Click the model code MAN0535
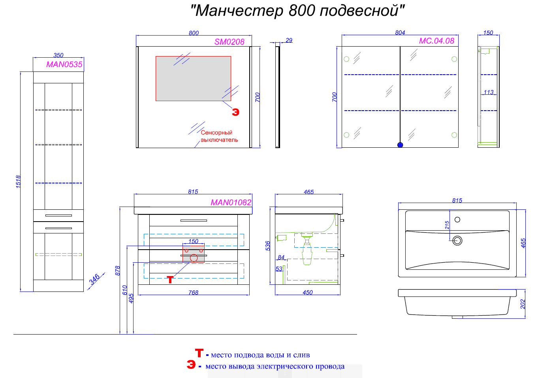click(x=64, y=64)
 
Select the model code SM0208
click(x=229, y=41)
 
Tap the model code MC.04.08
click(x=436, y=41)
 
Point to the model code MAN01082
click(x=231, y=202)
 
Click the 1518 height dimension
click(x=18, y=181)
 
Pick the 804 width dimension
click(x=400, y=33)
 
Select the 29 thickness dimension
click(x=289, y=40)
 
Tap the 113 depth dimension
click(x=489, y=92)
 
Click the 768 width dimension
click(x=193, y=293)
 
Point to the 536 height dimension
click(x=268, y=246)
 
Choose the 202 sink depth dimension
click(x=523, y=304)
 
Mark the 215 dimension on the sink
click(x=447, y=225)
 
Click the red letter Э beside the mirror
click(x=235, y=112)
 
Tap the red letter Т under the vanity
click(x=170, y=280)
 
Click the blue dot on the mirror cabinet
click(x=400, y=145)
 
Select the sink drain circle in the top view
click(x=457, y=240)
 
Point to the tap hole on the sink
click(x=457, y=220)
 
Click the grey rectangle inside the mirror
click(x=193, y=79)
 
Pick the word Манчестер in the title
click(x=239, y=11)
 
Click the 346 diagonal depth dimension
click(x=94, y=279)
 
